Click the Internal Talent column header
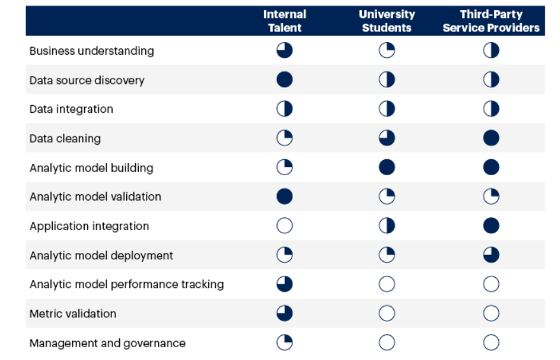coord(285,20)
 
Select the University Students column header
coord(387,20)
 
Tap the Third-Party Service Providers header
coord(491,20)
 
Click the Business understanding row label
coord(92,51)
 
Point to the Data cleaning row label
coord(65,138)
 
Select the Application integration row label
coord(89,226)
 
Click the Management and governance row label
coord(108,343)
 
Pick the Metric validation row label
coord(73,313)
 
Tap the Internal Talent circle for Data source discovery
coord(285,80)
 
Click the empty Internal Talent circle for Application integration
coord(285,226)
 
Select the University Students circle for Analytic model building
coord(387,168)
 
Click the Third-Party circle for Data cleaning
coord(491,138)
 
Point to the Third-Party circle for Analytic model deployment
coord(491,256)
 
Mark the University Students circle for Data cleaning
coord(387,138)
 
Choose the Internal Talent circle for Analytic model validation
coord(285,197)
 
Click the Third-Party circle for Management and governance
coord(491,343)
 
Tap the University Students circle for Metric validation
coord(387,313)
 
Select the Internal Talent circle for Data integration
coord(285,109)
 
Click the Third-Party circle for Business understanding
coord(491,51)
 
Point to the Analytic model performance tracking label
coord(126,284)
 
